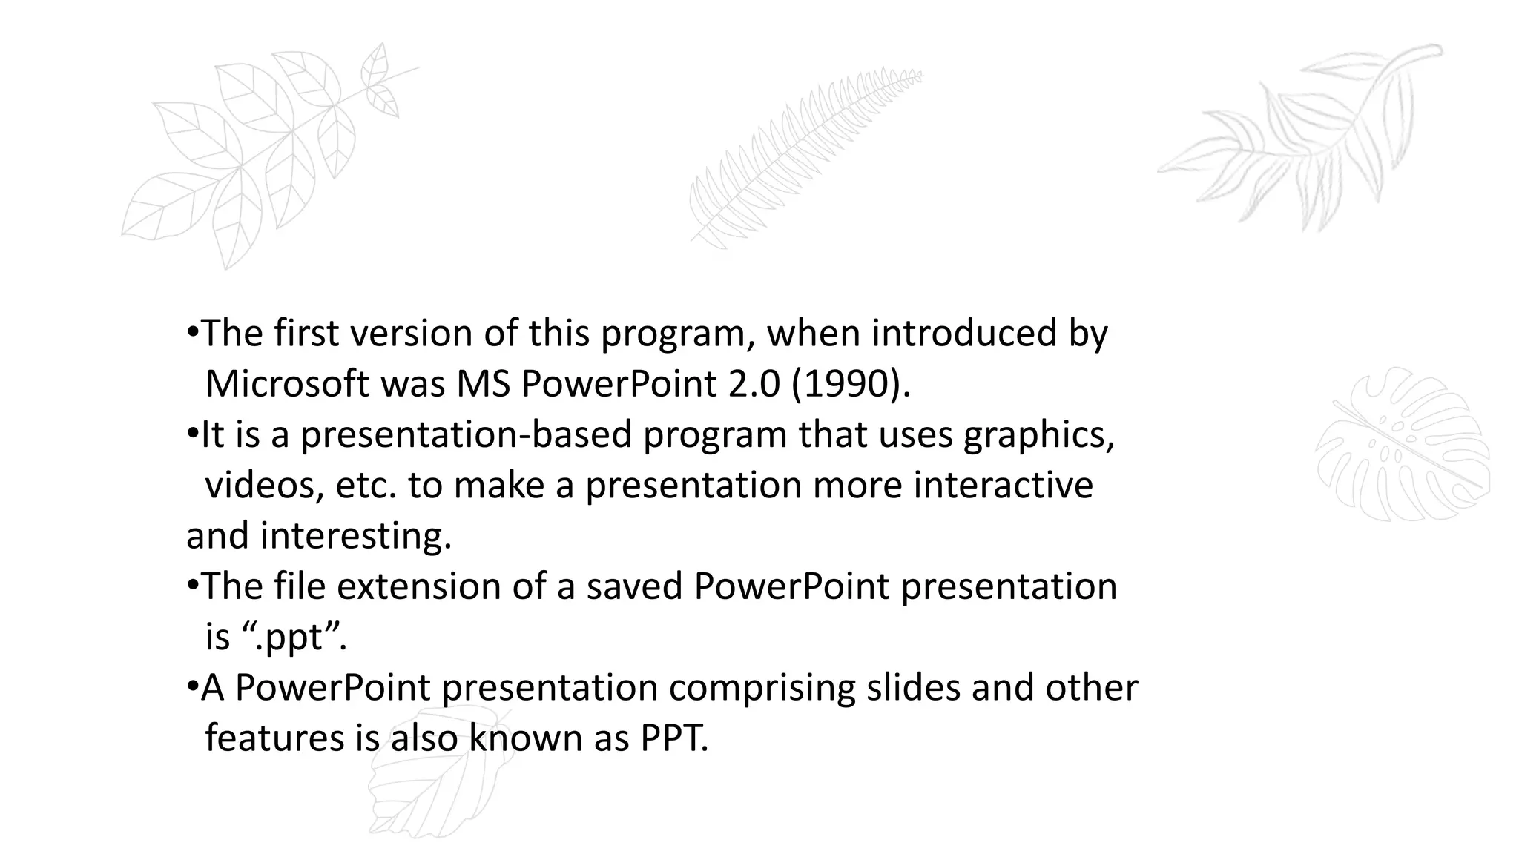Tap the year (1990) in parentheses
849,384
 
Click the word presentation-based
466,435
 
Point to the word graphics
1038,435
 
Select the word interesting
355,536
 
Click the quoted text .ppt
294,638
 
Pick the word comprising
762,688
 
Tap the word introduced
963,334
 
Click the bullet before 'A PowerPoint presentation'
192,686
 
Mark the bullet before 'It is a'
192,433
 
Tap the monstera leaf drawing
1402,445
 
